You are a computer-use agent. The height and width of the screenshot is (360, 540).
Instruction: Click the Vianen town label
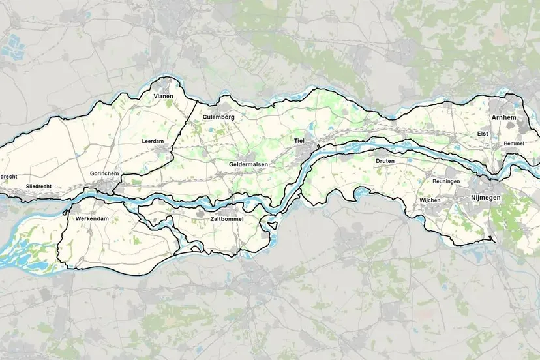coord(164,96)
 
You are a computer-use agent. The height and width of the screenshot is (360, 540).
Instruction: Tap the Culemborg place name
coord(218,117)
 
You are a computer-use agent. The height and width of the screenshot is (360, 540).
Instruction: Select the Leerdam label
coord(151,141)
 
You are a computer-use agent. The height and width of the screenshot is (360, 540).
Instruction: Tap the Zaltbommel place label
coord(226,219)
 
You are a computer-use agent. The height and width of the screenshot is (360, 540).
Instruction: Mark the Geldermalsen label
coord(248,164)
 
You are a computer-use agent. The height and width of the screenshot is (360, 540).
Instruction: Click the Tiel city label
coord(299,140)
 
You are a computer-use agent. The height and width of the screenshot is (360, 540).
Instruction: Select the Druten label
coord(385,160)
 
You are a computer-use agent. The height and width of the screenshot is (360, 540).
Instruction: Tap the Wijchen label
coord(430,200)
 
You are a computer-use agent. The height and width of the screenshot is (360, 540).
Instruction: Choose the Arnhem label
coord(504,117)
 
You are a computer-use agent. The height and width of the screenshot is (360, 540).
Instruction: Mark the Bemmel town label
coord(514,143)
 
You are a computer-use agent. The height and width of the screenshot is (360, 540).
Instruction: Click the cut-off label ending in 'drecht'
coord(7,176)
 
